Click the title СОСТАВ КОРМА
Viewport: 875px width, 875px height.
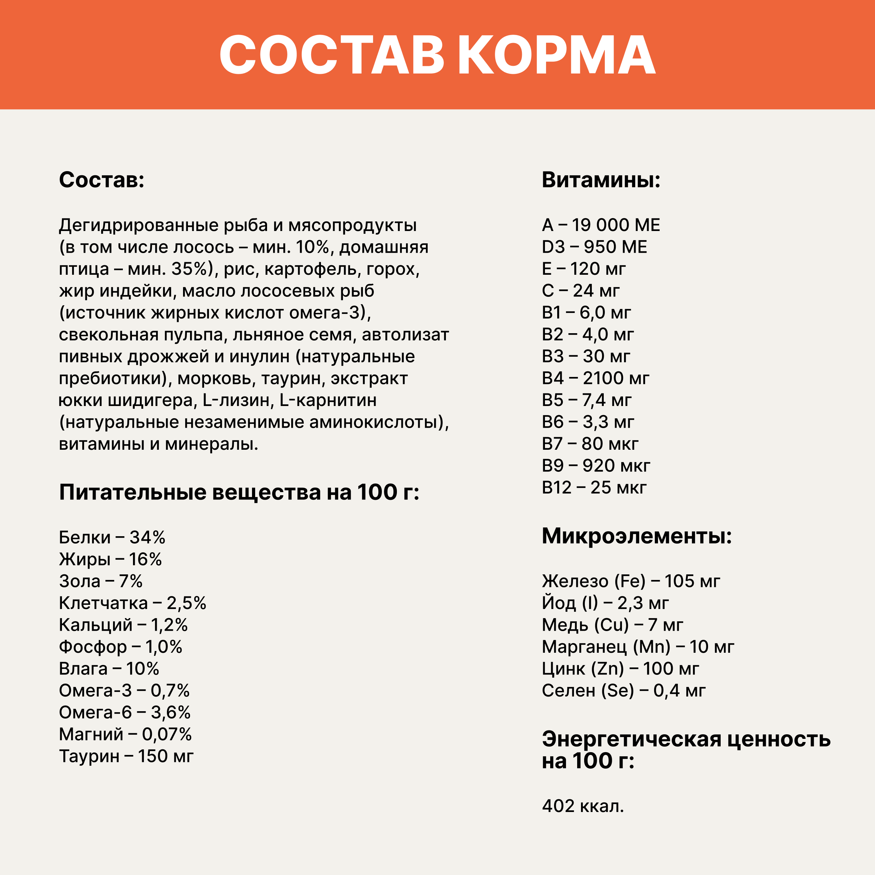[x=437, y=55]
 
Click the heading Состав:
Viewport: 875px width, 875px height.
[x=101, y=180]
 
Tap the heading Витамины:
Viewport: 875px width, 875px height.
[x=601, y=180]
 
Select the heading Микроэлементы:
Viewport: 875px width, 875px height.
[x=637, y=536]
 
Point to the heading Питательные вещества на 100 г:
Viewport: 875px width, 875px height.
[x=239, y=492]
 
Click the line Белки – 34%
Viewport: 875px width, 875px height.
[x=112, y=538]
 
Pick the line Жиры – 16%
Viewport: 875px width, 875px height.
[x=110, y=559]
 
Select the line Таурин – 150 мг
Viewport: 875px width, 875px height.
[x=126, y=756]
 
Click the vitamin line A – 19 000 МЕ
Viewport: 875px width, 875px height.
[x=601, y=225]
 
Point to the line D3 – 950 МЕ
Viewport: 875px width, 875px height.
[x=594, y=247]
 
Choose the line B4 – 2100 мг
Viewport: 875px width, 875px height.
[x=595, y=378]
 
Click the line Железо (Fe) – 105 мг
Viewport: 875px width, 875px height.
[x=630, y=581]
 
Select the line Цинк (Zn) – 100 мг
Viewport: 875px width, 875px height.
[x=620, y=669]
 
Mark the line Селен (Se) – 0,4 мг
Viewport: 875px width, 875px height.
[x=624, y=691]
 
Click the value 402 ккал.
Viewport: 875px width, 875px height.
[x=583, y=806]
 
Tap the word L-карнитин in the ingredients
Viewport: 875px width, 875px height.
[x=328, y=400]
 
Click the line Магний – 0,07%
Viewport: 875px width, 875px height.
[x=125, y=735]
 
